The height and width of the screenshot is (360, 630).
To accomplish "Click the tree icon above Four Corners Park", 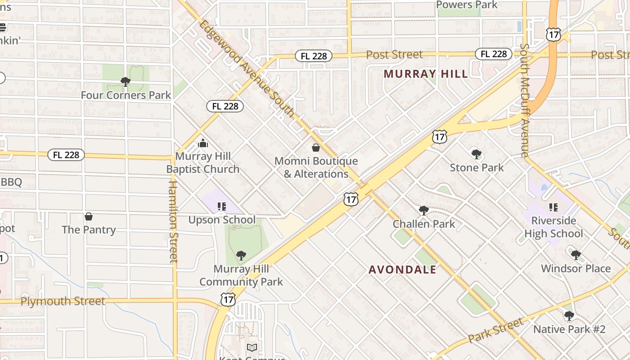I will (126, 81).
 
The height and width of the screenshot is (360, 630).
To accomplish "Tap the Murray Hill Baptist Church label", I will (203, 163).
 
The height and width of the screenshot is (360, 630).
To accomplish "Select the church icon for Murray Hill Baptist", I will (203, 143).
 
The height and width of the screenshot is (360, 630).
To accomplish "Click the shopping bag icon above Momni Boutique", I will (316, 148).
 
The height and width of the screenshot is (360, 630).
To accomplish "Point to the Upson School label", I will (222, 220).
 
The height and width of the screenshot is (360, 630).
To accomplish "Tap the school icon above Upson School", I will (221, 207).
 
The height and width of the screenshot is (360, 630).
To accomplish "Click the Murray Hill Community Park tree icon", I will (241, 256).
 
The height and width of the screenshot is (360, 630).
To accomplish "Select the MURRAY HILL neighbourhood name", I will (426, 74).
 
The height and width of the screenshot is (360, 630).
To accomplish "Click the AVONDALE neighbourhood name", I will (402, 270).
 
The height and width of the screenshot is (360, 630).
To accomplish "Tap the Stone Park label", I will (477, 168).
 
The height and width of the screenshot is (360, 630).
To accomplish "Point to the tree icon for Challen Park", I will (423, 210).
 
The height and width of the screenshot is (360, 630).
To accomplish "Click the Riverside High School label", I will (553, 227).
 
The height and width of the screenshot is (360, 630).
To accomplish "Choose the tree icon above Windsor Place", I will (576, 255).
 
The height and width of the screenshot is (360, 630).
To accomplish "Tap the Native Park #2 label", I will (569, 329).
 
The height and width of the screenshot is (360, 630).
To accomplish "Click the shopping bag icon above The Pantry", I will (89, 216).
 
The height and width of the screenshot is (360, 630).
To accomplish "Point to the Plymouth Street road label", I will (63, 301).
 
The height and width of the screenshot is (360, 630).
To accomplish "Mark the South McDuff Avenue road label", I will (524, 100).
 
